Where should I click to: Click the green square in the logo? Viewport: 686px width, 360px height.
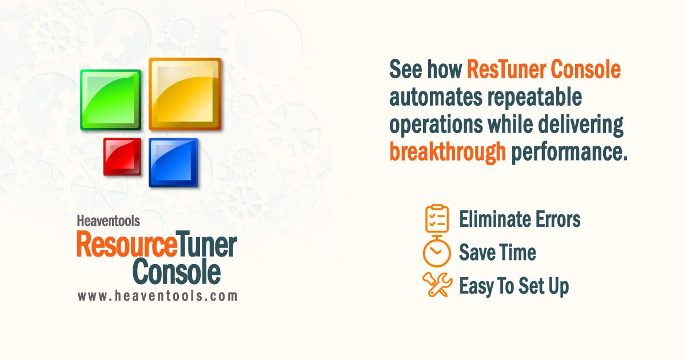point(110,100)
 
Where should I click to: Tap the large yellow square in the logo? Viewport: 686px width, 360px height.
point(185,94)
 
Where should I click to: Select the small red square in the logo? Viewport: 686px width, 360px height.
point(122,157)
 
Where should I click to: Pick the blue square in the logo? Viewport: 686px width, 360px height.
point(173,162)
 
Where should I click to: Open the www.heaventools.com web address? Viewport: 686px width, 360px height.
point(157,296)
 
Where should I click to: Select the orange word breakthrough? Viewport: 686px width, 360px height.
point(448,153)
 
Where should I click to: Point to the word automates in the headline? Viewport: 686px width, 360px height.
point(436,98)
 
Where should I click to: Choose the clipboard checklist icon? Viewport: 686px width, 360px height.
point(437,218)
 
